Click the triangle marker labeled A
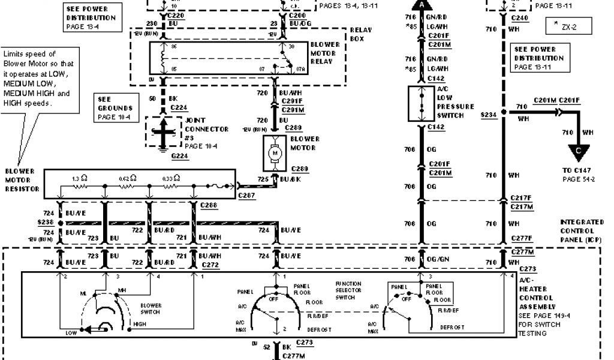pos(422,5)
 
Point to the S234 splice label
pos(489,114)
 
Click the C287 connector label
pos(246,196)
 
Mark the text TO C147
pos(576,170)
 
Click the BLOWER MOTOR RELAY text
pos(326,53)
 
